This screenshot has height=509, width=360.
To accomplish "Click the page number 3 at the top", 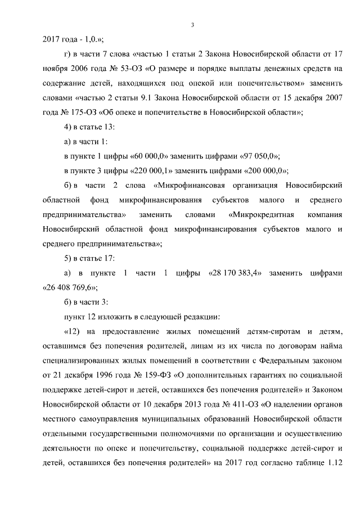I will (192, 25).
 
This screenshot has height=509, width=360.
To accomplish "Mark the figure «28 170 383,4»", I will (233, 273).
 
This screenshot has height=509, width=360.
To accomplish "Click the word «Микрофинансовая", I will (187, 185).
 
